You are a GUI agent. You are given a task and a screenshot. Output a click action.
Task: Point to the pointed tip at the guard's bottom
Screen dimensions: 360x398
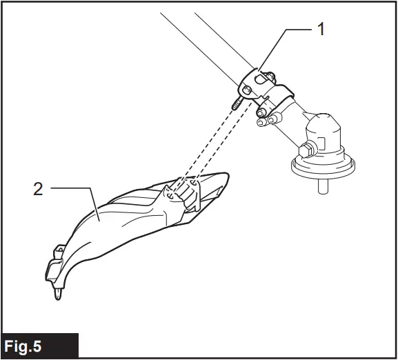[60, 294]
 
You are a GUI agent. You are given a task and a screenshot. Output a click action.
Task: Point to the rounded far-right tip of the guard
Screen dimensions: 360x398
[224, 181]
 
